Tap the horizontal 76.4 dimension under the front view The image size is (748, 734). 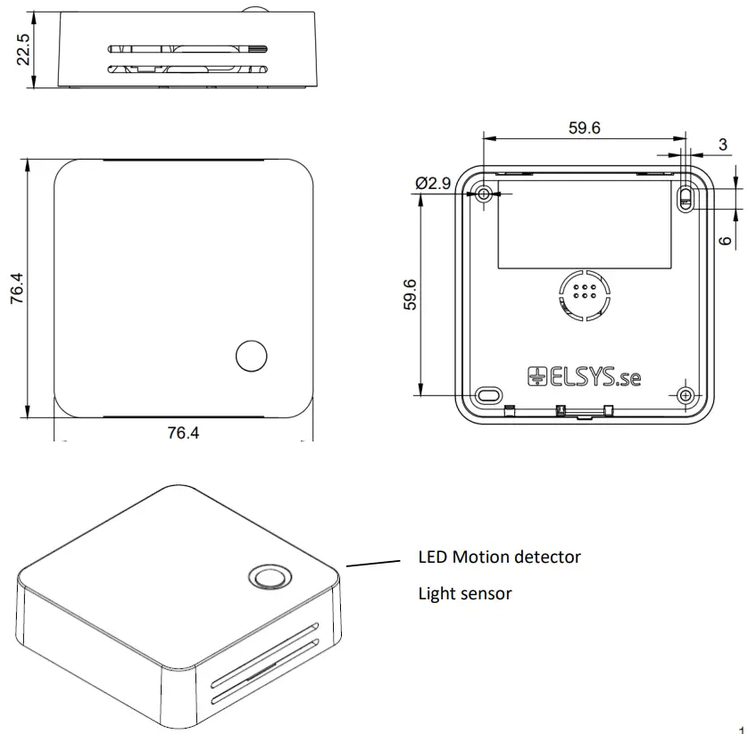pos(183,433)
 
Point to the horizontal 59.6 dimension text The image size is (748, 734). pos(584,128)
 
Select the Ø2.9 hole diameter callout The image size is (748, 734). pos(433,184)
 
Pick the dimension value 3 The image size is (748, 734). pos(723,144)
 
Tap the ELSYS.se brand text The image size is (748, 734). pos(585,377)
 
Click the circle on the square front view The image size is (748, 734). pos(251,355)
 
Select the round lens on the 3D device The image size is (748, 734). pos(267,577)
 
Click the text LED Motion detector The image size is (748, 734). pos(499,557)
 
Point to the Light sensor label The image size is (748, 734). pos(465,593)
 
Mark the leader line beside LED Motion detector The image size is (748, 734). pos(373,563)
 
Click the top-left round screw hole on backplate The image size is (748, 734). pos(484,194)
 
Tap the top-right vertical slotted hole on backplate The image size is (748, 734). pos(686,197)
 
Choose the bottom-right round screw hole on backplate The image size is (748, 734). pos(686,394)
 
